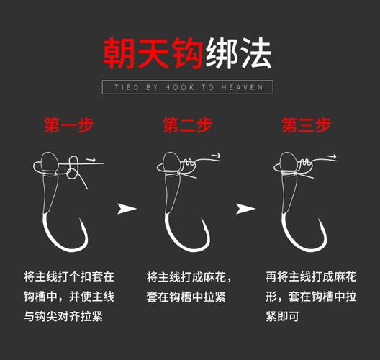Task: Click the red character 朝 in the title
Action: [119, 53]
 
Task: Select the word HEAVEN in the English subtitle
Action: [242, 87]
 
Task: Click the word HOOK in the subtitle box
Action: [179, 87]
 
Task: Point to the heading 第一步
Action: [69, 125]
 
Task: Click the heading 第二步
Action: [188, 125]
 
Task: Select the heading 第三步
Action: [307, 125]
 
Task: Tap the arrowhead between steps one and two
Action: [127, 209]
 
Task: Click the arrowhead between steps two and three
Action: [245, 209]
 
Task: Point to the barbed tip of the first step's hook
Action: [80, 219]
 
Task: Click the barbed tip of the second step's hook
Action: [203, 219]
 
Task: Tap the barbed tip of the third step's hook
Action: [319, 219]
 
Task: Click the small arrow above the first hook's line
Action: [91, 160]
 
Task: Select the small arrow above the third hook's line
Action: [332, 156]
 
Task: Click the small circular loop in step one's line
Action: [72, 174]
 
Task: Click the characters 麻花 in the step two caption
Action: [214, 277]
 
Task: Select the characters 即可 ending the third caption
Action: [288, 316]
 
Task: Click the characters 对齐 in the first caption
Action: [69, 316]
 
